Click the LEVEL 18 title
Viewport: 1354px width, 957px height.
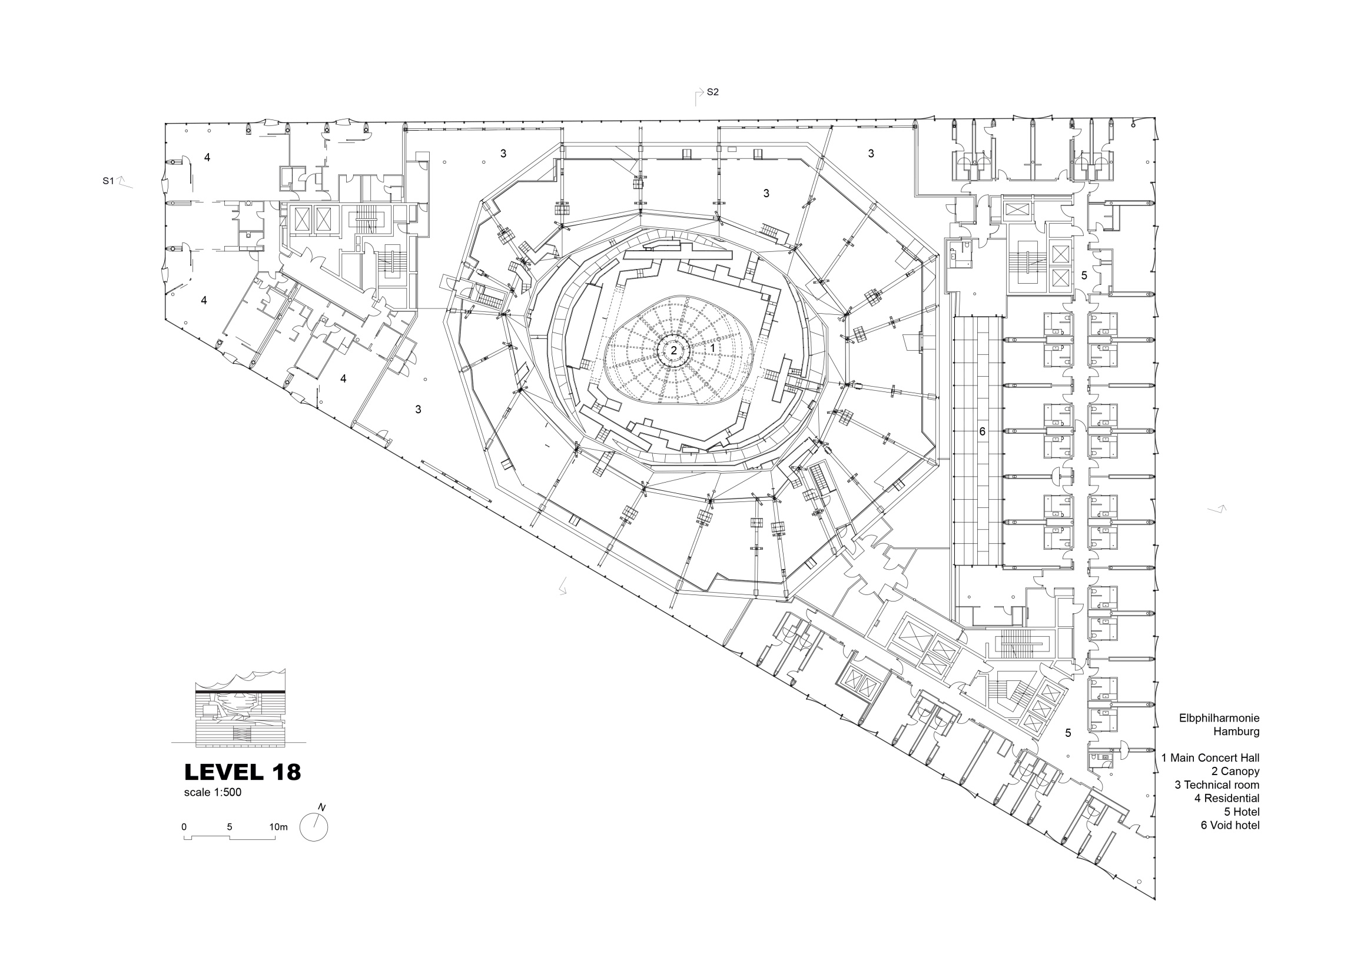point(243,772)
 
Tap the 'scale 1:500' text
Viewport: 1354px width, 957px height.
point(213,792)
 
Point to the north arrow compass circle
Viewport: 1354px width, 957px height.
point(314,827)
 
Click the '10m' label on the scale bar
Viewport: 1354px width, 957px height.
point(278,827)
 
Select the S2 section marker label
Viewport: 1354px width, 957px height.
point(712,92)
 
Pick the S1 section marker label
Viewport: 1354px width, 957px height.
point(108,181)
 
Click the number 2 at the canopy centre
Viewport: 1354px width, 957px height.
point(673,350)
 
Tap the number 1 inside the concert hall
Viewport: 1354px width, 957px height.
point(712,348)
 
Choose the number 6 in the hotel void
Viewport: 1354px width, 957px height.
point(982,431)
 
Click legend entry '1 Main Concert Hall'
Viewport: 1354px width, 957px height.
point(1210,757)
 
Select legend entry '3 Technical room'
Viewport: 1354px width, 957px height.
point(1217,785)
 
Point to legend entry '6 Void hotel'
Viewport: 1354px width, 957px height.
point(1230,826)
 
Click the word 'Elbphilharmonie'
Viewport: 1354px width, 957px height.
point(1219,718)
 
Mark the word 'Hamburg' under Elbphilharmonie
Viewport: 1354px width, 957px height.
point(1236,732)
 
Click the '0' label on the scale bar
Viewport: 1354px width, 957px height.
point(184,827)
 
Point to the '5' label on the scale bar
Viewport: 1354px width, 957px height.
point(230,827)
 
